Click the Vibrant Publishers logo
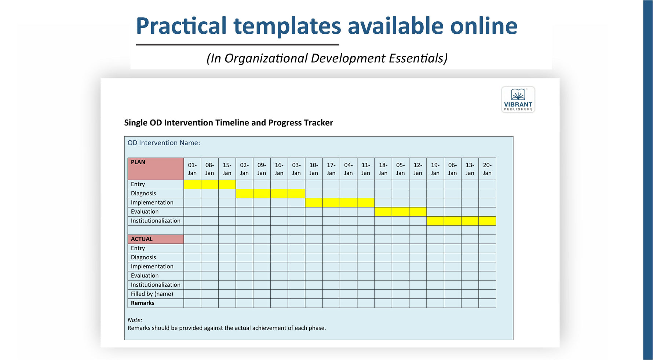point(518,99)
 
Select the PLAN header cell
point(156,169)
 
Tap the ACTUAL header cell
point(156,239)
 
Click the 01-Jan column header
point(192,169)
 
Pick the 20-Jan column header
point(487,169)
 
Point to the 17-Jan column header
point(331,169)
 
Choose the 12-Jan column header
point(418,169)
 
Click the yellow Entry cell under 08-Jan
point(209,184)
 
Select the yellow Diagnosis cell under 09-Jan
point(262,194)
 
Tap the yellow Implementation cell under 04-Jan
point(349,203)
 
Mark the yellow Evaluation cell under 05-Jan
point(401,212)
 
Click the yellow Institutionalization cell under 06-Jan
point(453,221)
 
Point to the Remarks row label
point(143,303)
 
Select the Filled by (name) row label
point(152,294)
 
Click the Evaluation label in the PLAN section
point(145,212)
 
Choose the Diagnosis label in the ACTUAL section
point(143,258)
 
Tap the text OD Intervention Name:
point(164,143)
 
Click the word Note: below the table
point(135,320)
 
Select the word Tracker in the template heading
point(319,123)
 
